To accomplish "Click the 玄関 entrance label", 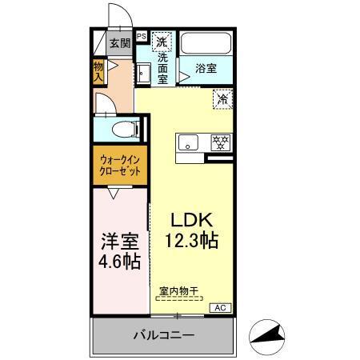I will coord(119,44).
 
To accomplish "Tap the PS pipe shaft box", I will coord(141,36).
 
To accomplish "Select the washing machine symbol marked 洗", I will coord(162,42).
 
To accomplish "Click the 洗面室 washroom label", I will coord(162,68).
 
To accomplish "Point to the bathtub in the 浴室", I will coord(206,44).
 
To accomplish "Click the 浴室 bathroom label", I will coord(206,69).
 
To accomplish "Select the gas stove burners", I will coord(220,142).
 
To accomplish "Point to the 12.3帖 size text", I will coord(192,240).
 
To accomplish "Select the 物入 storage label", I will coord(98,72).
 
